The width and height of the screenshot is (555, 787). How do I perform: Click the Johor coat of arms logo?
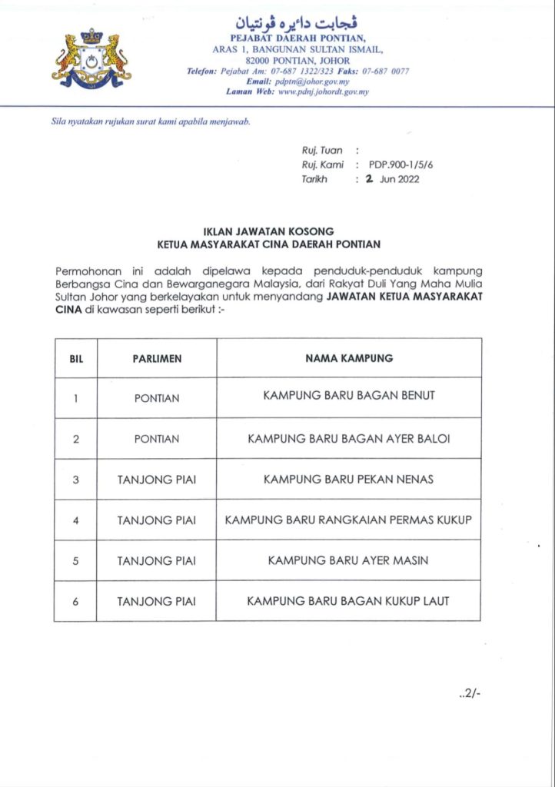click(x=91, y=59)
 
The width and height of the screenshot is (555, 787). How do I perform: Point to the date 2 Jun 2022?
click(x=392, y=179)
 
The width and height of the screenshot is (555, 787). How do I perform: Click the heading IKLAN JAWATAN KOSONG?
click(x=268, y=231)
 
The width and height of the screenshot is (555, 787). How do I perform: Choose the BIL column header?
click(x=75, y=358)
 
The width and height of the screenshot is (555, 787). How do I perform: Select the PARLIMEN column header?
click(x=157, y=358)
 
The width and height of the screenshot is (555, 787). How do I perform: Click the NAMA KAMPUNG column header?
click(x=348, y=358)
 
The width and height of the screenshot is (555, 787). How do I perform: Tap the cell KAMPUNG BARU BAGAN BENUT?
click(x=348, y=396)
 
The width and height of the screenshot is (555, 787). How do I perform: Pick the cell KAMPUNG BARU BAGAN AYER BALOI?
click(x=348, y=439)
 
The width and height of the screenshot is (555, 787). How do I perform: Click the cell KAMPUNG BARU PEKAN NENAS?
click(x=348, y=480)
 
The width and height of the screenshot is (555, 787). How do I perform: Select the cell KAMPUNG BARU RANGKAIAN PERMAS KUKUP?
click(x=348, y=520)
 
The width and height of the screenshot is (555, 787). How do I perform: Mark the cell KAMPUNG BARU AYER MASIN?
click(x=348, y=561)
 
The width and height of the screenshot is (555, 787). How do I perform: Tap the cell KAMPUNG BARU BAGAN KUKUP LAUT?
click(x=348, y=601)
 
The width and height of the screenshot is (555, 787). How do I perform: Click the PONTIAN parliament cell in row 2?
click(x=157, y=439)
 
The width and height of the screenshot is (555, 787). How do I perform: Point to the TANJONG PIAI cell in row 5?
click(x=157, y=561)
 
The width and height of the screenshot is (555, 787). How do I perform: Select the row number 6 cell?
click(x=75, y=602)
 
